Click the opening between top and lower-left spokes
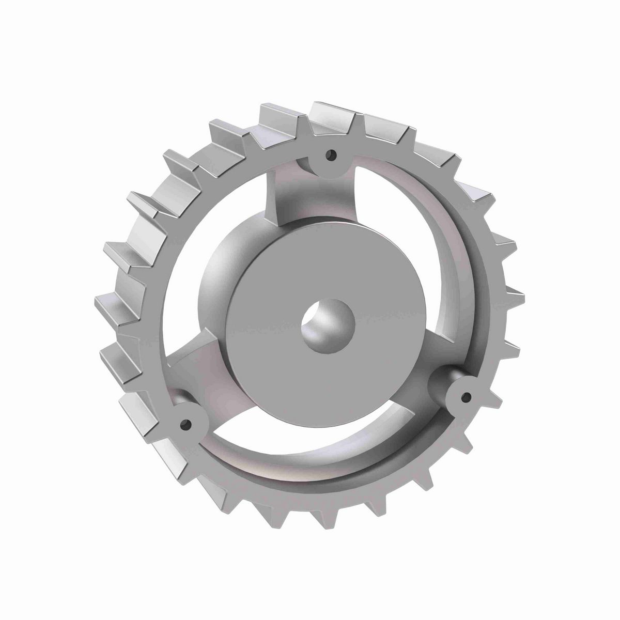point(207,248)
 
